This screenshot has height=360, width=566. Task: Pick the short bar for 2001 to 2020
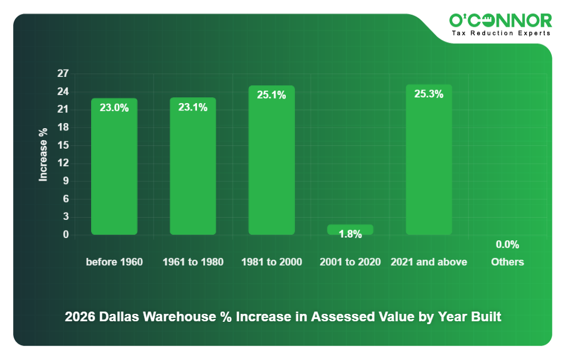(350, 228)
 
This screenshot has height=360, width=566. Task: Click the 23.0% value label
(114, 107)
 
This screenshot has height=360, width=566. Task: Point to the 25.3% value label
(429, 94)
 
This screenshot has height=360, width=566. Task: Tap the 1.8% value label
(350, 234)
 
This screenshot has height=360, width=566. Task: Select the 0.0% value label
(507, 244)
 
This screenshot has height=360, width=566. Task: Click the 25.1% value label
(272, 95)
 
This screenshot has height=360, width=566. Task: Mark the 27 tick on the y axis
(63, 73)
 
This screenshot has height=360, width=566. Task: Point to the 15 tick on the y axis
(63, 145)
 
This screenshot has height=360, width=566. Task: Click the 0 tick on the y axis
(65, 235)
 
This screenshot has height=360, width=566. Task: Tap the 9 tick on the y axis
(65, 181)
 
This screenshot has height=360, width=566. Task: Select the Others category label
(507, 262)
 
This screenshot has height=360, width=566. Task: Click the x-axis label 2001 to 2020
(350, 262)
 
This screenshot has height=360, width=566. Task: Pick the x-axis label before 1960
(114, 262)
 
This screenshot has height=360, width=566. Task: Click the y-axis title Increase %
(43, 154)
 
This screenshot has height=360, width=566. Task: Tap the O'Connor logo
(501, 21)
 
